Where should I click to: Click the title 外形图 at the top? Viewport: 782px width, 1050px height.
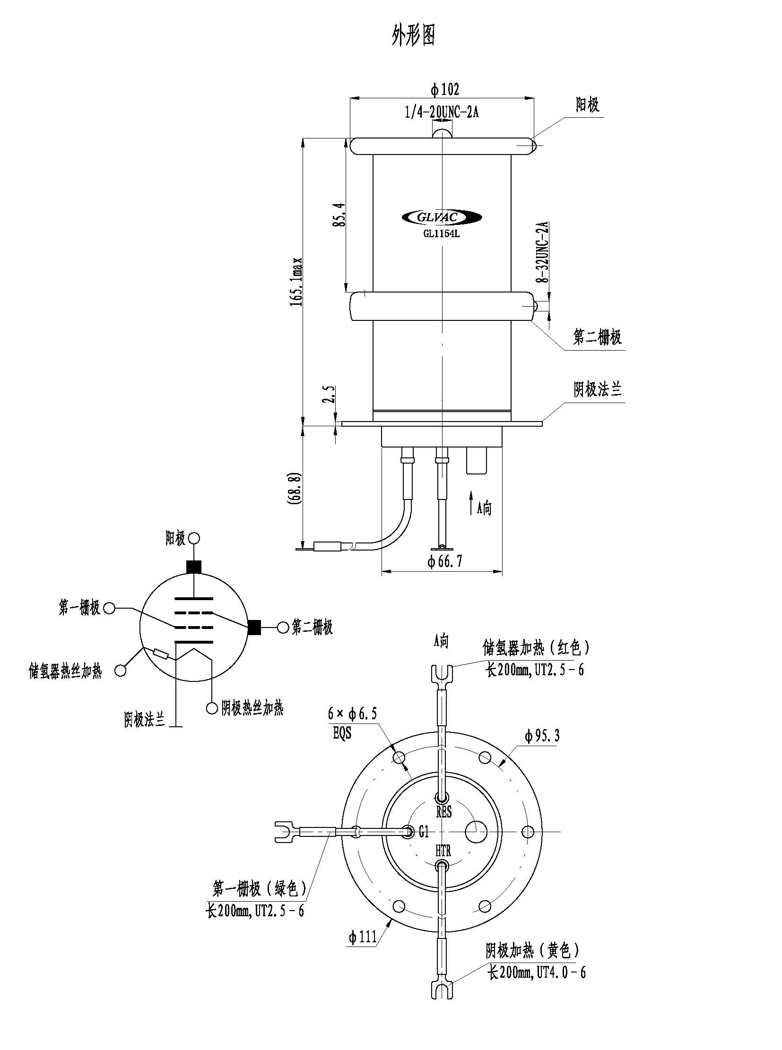413,35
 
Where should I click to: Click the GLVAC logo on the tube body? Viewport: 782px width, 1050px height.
442,217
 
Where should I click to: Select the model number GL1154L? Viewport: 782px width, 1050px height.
442,233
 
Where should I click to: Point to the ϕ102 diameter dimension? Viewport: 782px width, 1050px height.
444,89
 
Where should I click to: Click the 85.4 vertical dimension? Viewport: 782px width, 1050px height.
339,216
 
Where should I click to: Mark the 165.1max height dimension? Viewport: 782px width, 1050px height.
296,282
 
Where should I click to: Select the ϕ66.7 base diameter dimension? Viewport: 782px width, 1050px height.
444,561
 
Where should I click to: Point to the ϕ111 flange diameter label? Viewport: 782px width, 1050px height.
363,936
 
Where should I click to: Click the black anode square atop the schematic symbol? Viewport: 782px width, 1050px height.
194,567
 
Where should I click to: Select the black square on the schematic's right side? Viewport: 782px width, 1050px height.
254,627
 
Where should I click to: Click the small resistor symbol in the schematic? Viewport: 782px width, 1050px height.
160,654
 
